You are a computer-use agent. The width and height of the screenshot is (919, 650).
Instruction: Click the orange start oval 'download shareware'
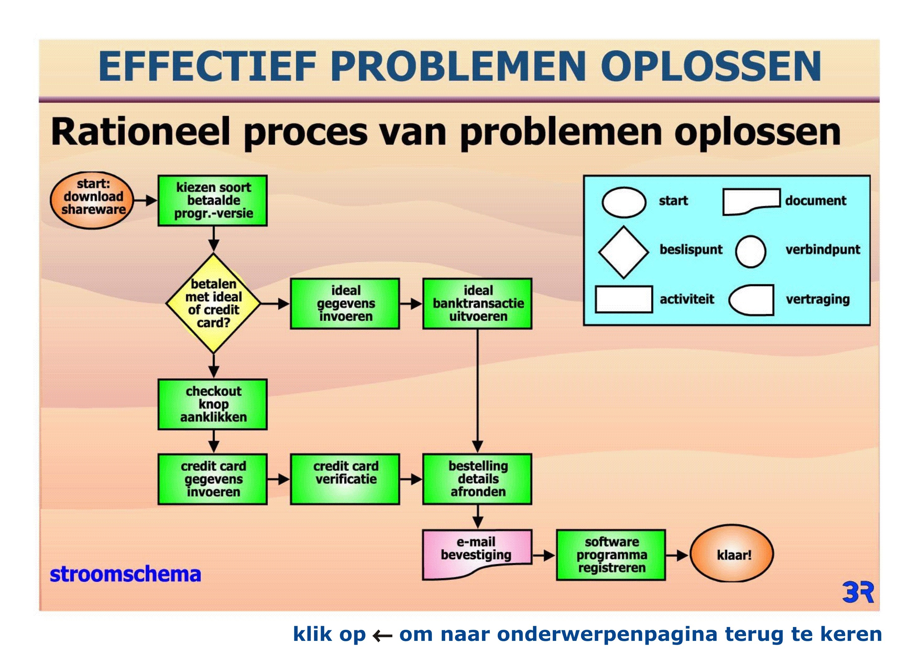click(x=92, y=200)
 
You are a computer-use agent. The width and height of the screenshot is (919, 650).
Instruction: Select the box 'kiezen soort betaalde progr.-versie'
click(x=213, y=201)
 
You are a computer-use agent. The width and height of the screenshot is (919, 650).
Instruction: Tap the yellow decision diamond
click(x=213, y=303)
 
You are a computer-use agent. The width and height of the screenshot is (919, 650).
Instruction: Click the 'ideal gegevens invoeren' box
click(x=345, y=303)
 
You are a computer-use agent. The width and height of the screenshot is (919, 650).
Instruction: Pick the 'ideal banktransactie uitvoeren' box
click(x=478, y=303)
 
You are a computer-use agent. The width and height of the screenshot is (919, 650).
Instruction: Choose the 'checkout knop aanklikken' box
click(x=213, y=404)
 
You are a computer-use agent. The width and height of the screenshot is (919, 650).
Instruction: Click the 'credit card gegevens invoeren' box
click(x=213, y=479)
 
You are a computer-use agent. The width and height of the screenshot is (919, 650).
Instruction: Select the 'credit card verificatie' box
click(x=345, y=479)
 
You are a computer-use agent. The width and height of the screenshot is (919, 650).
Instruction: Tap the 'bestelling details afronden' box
click(x=478, y=479)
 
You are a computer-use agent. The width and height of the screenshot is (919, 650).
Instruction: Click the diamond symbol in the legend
click(x=623, y=252)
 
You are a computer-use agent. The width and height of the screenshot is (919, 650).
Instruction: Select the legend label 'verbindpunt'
click(x=822, y=249)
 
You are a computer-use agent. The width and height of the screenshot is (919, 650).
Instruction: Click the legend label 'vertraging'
click(x=818, y=299)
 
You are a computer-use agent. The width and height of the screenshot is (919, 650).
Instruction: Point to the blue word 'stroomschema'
click(x=125, y=574)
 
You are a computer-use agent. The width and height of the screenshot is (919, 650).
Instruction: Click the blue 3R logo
click(x=858, y=592)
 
